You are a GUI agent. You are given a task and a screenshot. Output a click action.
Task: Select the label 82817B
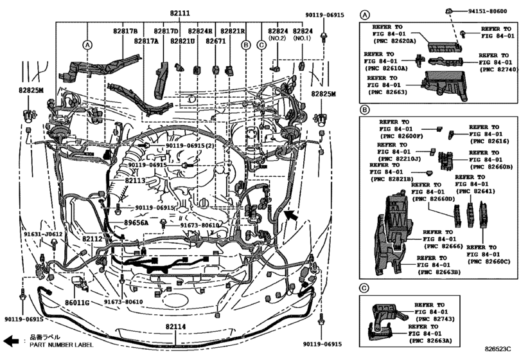click(125, 31)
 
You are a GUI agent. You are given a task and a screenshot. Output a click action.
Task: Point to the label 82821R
click(233, 31)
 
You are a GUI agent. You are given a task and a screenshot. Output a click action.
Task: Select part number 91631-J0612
click(44, 235)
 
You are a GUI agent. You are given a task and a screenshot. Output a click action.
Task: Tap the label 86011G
click(76, 301)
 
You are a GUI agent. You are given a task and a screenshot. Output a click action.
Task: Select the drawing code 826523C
click(500, 349)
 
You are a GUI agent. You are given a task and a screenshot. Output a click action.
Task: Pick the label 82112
click(92, 238)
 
